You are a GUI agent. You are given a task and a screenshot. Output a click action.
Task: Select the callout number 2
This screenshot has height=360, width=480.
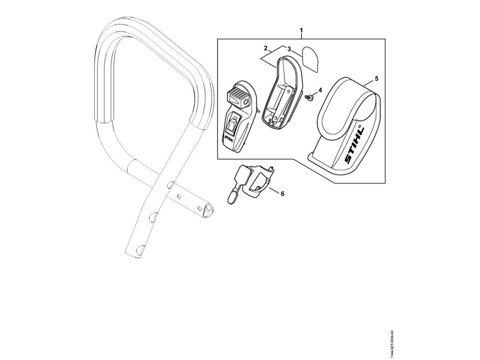pos(266,48)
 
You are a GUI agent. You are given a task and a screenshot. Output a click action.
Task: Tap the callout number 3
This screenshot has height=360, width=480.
pos(289,49)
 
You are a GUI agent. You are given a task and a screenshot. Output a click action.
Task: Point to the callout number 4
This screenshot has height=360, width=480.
pos(320,89)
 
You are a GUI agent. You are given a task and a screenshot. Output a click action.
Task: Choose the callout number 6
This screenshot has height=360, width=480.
pos(282,193)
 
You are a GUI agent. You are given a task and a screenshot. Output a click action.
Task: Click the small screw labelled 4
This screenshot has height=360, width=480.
pos(310,97)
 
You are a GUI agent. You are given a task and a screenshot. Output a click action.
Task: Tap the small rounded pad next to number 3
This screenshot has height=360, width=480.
pos(309,56)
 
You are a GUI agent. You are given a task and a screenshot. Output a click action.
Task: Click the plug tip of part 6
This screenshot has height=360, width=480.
pos(230,200)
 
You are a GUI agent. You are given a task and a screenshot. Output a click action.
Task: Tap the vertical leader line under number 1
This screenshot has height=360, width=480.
pos(301,36)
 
